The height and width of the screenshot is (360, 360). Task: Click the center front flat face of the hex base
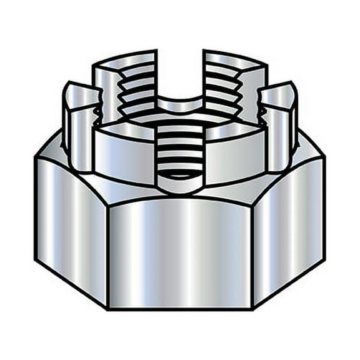click(x=179, y=253)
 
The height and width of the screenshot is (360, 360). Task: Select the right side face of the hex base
click(x=289, y=222)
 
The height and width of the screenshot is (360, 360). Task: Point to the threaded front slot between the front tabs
click(x=179, y=153)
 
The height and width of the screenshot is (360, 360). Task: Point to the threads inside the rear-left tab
click(x=134, y=94)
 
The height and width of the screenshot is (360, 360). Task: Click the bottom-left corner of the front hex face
click(x=109, y=307)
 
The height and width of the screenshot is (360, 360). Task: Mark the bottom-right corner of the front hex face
click(x=251, y=307)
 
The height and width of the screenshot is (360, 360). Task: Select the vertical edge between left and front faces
click(x=108, y=256)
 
